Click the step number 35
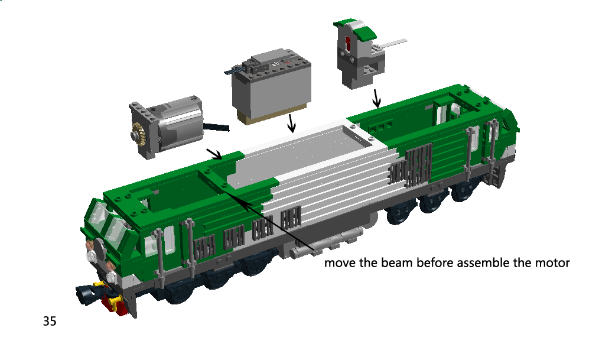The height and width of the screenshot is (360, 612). coord(50,321)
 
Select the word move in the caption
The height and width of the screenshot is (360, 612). coord(340,263)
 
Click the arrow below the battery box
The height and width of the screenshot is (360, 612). coord(291,123)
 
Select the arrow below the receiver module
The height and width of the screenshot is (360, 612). coord(376,98)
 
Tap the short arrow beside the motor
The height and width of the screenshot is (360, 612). coord(214,154)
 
